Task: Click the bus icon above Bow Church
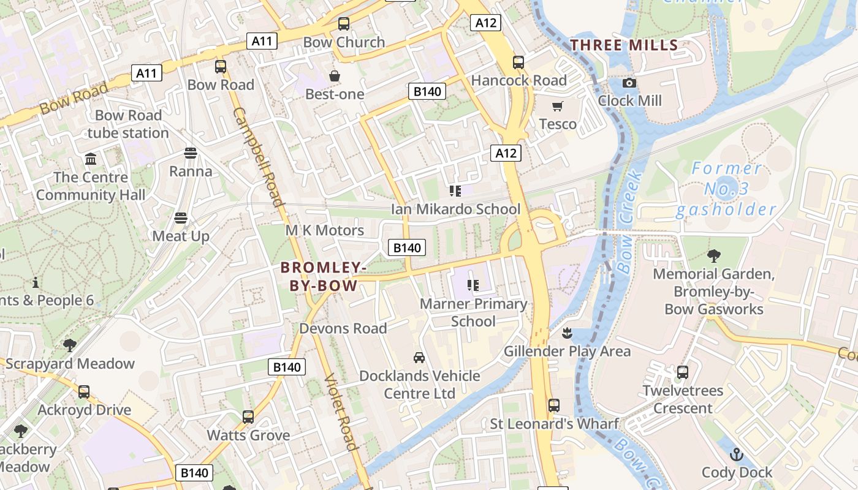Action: tap(344, 24)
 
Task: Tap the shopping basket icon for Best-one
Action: tap(335, 76)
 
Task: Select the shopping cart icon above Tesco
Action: tap(557, 107)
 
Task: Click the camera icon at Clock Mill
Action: tap(629, 83)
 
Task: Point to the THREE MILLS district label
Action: tap(624, 45)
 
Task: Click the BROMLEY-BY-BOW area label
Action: tap(324, 276)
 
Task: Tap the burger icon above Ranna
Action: tap(191, 153)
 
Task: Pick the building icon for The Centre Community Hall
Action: tap(91, 159)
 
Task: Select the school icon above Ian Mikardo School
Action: tap(455, 191)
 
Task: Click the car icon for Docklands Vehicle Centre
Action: tap(419, 358)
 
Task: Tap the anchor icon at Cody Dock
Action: tap(736, 454)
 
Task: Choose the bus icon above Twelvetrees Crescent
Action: tap(683, 372)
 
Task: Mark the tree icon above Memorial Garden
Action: tap(713, 255)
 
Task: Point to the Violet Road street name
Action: tap(341, 412)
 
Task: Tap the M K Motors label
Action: tap(325, 230)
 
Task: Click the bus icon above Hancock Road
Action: tap(518, 62)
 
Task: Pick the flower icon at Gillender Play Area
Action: tap(567, 333)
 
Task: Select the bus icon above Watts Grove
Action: tap(248, 417)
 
